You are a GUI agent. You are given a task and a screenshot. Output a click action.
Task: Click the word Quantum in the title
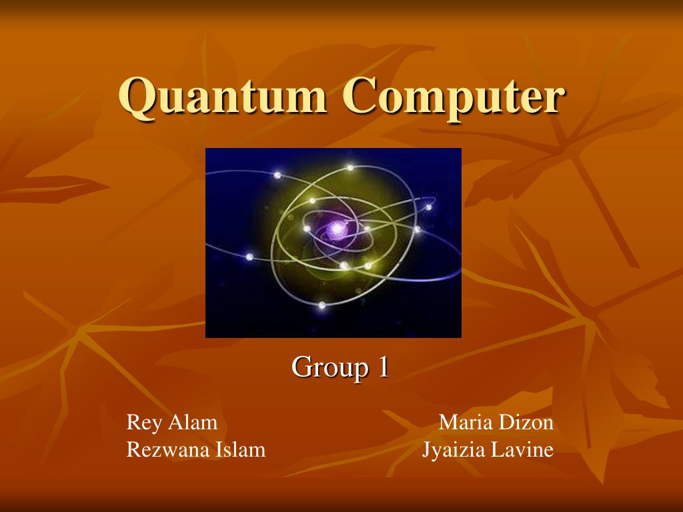(x=223, y=97)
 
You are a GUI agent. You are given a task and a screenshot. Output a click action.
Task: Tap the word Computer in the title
(x=454, y=97)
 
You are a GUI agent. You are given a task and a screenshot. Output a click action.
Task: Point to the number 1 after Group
(x=383, y=367)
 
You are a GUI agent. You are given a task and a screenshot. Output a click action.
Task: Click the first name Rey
(x=144, y=423)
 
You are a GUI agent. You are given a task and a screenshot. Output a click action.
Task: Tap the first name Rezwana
(x=168, y=450)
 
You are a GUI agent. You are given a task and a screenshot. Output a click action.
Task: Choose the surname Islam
(x=241, y=450)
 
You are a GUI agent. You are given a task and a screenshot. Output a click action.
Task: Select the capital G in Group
(x=301, y=367)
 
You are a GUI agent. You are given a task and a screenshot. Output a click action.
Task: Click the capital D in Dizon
(x=506, y=423)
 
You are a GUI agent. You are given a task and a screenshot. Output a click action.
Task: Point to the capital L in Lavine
(x=498, y=450)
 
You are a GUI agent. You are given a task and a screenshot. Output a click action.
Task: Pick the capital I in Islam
(x=219, y=450)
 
